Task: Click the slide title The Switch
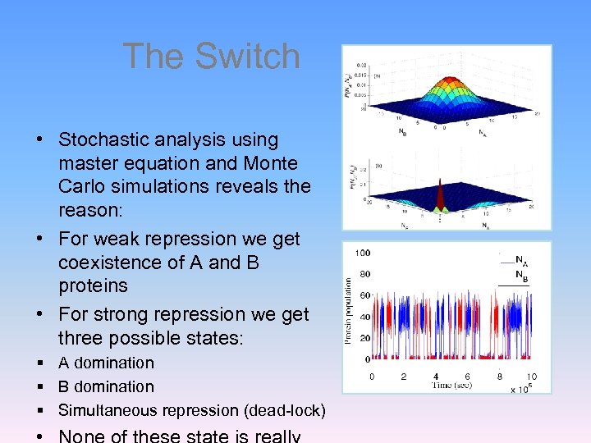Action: [211, 57]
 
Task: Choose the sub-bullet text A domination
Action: [106, 363]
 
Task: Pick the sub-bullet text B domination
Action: [106, 386]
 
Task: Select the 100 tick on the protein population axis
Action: [361, 253]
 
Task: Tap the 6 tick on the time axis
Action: [467, 377]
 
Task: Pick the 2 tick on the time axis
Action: [404, 377]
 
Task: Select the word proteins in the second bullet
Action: [93, 285]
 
